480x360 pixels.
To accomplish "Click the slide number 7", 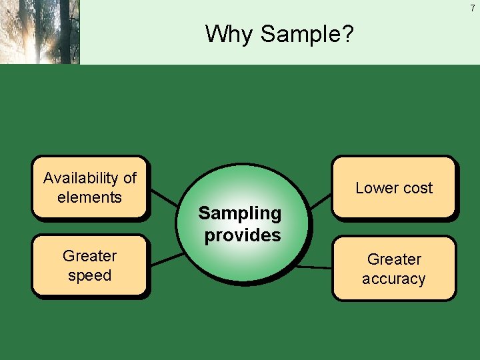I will pyautogui.click(x=473, y=8).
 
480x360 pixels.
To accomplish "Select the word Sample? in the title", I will pyautogui.click(x=307, y=34).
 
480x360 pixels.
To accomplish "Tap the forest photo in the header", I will pyautogui.click(x=40, y=32).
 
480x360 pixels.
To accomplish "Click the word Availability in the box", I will pyautogui.click(x=81, y=178).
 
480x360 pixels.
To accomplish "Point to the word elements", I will pyautogui.click(x=89, y=197).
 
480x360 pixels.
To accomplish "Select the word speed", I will pyautogui.click(x=89, y=275).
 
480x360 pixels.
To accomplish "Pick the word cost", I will pyautogui.click(x=417, y=188).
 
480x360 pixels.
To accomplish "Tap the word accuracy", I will pyautogui.click(x=393, y=279).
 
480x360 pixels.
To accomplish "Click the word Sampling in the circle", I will pyautogui.click(x=240, y=213).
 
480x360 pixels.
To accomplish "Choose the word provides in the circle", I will pyautogui.click(x=243, y=235).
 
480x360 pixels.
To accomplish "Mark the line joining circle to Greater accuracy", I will pyautogui.click(x=313, y=267).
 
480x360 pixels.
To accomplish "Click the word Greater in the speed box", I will pyautogui.click(x=89, y=256).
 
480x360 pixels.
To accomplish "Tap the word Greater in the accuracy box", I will pyautogui.click(x=394, y=259).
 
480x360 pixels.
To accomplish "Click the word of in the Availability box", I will pyautogui.click(x=129, y=178).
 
